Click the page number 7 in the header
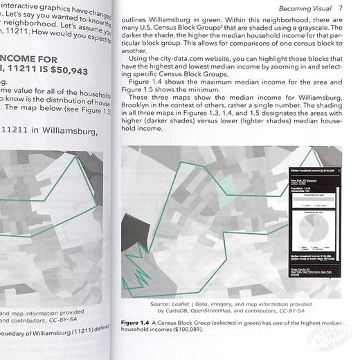[340, 8]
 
